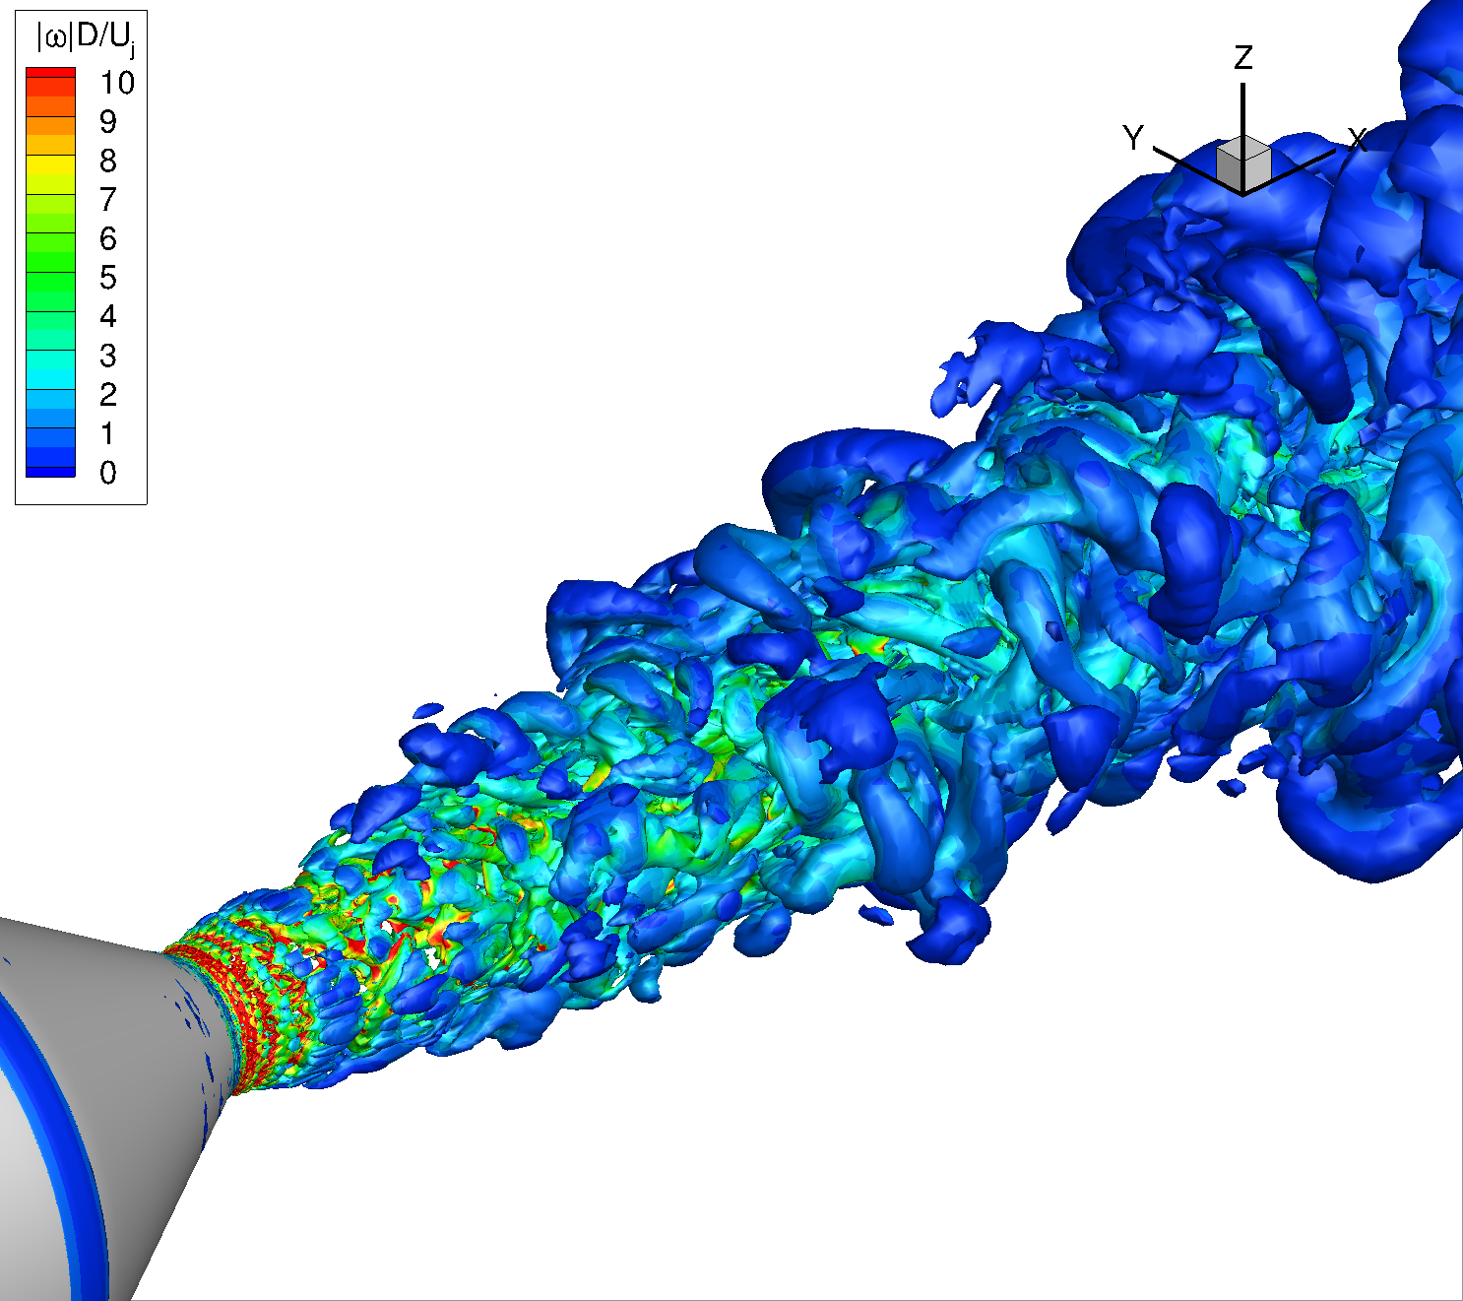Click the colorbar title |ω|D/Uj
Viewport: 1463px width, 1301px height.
pyautogui.click(x=86, y=39)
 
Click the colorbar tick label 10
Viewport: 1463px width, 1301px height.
pyautogui.click(x=117, y=83)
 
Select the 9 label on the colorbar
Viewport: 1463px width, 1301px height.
pyautogui.click(x=108, y=122)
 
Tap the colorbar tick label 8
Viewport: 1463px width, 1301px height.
pyautogui.click(x=108, y=162)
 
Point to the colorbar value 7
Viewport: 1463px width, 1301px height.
pyautogui.click(x=108, y=199)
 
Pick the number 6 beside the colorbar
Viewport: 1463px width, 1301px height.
pyautogui.click(x=108, y=238)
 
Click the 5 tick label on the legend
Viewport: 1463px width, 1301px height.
pyautogui.click(x=108, y=278)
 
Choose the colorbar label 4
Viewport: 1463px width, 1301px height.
pyautogui.click(x=108, y=316)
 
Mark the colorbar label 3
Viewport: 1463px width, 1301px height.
pyautogui.click(x=108, y=356)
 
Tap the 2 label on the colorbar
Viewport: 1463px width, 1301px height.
pyautogui.click(x=108, y=394)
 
